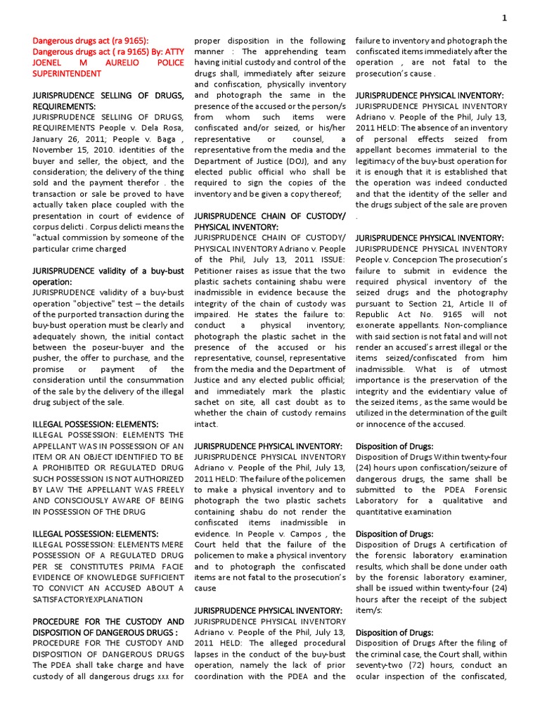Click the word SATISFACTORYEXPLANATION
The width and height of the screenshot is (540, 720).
(x=88, y=600)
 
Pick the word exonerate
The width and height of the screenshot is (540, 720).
(x=380, y=326)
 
